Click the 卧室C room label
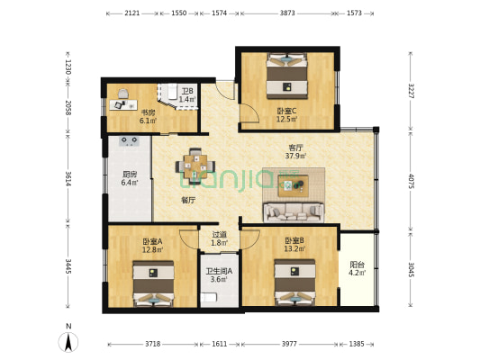click(286, 111)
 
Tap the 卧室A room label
click(152, 241)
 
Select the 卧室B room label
click(294, 241)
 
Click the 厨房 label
click(130, 175)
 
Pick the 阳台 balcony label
click(357, 265)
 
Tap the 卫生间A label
click(218, 271)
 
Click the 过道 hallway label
click(219, 235)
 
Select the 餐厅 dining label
click(188, 200)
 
